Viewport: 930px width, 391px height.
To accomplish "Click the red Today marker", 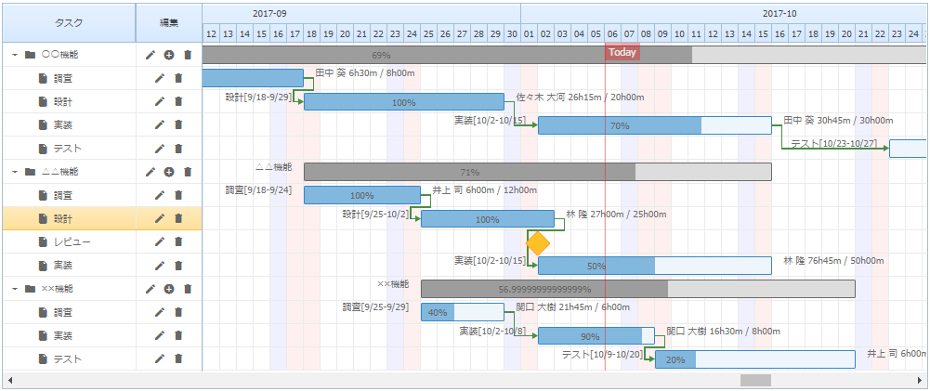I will click(x=622, y=52).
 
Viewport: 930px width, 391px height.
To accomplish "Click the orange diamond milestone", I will click(x=538, y=244).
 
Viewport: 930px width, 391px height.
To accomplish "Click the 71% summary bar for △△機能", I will click(x=469, y=172).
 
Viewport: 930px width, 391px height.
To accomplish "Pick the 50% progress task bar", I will click(x=596, y=266).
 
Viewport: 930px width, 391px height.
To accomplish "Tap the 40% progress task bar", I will click(x=437, y=313).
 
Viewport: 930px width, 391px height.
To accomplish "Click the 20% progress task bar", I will click(x=675, y=359).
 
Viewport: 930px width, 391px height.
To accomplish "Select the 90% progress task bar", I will click(x=589, y=336).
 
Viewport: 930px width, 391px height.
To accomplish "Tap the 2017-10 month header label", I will click(x=779, y=14).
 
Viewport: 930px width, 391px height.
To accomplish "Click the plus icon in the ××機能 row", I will click(x=169, y=289).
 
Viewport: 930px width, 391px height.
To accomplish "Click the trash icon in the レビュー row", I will click(x=178, y=242).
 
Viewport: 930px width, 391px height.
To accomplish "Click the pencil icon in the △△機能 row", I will click(x=151, y=172).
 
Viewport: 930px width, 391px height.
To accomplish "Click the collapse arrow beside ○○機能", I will click(x=15, y=55).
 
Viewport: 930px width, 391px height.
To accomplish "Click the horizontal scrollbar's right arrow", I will click(x=919, y=380).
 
